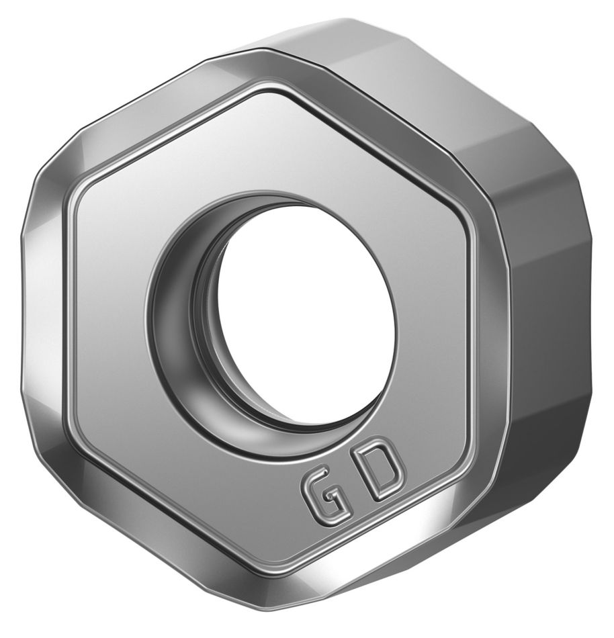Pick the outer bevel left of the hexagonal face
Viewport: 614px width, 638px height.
(x=44, y=316)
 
